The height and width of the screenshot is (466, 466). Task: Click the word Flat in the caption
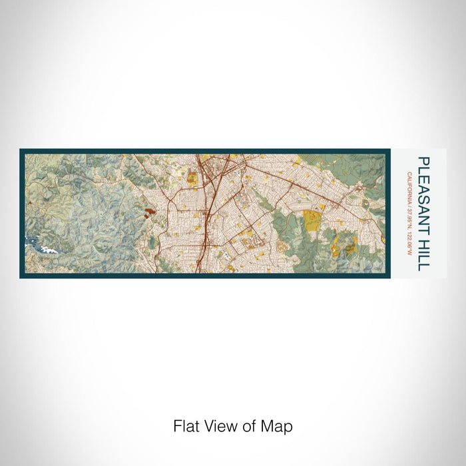pyautogui.click(x=186, y=426)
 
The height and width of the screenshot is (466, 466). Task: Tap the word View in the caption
pyautogui.click(x=216, y=426)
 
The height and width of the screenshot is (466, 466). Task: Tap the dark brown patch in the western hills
pyautogui.click(x=146, y=213)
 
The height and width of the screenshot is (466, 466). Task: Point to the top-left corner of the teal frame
pyautogui.click(x=21, y=150)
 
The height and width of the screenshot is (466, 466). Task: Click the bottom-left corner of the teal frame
pyautogui.click(x=21, y=276)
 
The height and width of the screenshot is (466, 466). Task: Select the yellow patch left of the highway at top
pyautogui.click(x=191, y=178)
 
